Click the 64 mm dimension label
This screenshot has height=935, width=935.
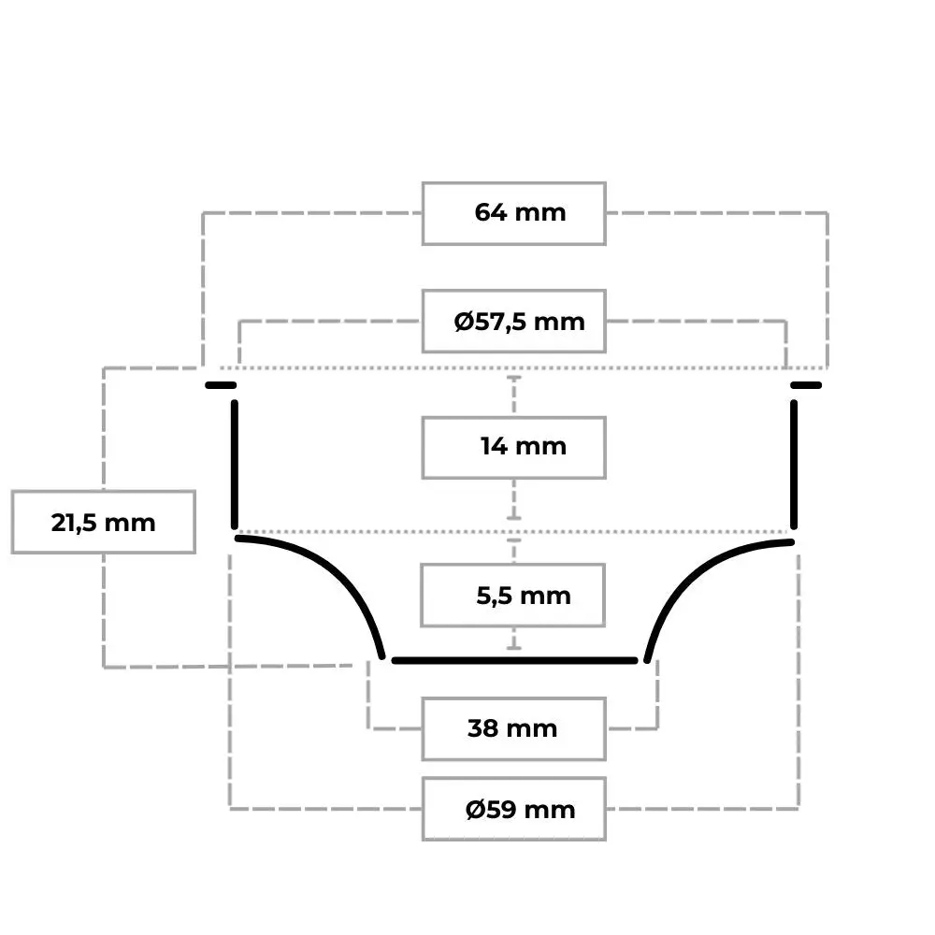click(x=520, y=212)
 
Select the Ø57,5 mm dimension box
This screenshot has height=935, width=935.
click(x=514, y=322)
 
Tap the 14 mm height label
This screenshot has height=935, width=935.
click(x=523, y=446)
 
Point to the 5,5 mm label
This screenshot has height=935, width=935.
click(x=524, y=595)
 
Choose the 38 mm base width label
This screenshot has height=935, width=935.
click(x=512, y=728)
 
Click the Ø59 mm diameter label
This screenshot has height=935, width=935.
click(x=520, y=809)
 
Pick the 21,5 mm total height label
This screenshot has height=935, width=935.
click(x=103, y=523)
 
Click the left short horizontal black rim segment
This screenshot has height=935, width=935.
click(x=221, y=385)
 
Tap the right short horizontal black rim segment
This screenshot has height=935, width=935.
click(x=806, y=385)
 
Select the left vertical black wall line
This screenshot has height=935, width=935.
click(x=235, y=465)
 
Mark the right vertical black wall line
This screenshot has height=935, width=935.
click(x=794, y=465)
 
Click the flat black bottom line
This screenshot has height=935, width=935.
click(x=514, y=660)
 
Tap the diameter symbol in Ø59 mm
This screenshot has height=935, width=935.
click(x=475, y=809)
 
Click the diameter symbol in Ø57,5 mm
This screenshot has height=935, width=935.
click(x=464, y=322)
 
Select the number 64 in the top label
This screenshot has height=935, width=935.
click(x=490, y=212)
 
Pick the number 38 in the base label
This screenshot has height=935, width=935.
click(x=483, y=728)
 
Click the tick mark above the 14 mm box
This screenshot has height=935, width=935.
click(x=514, y=377)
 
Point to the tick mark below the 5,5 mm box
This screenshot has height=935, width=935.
click(x=514, y=647)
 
